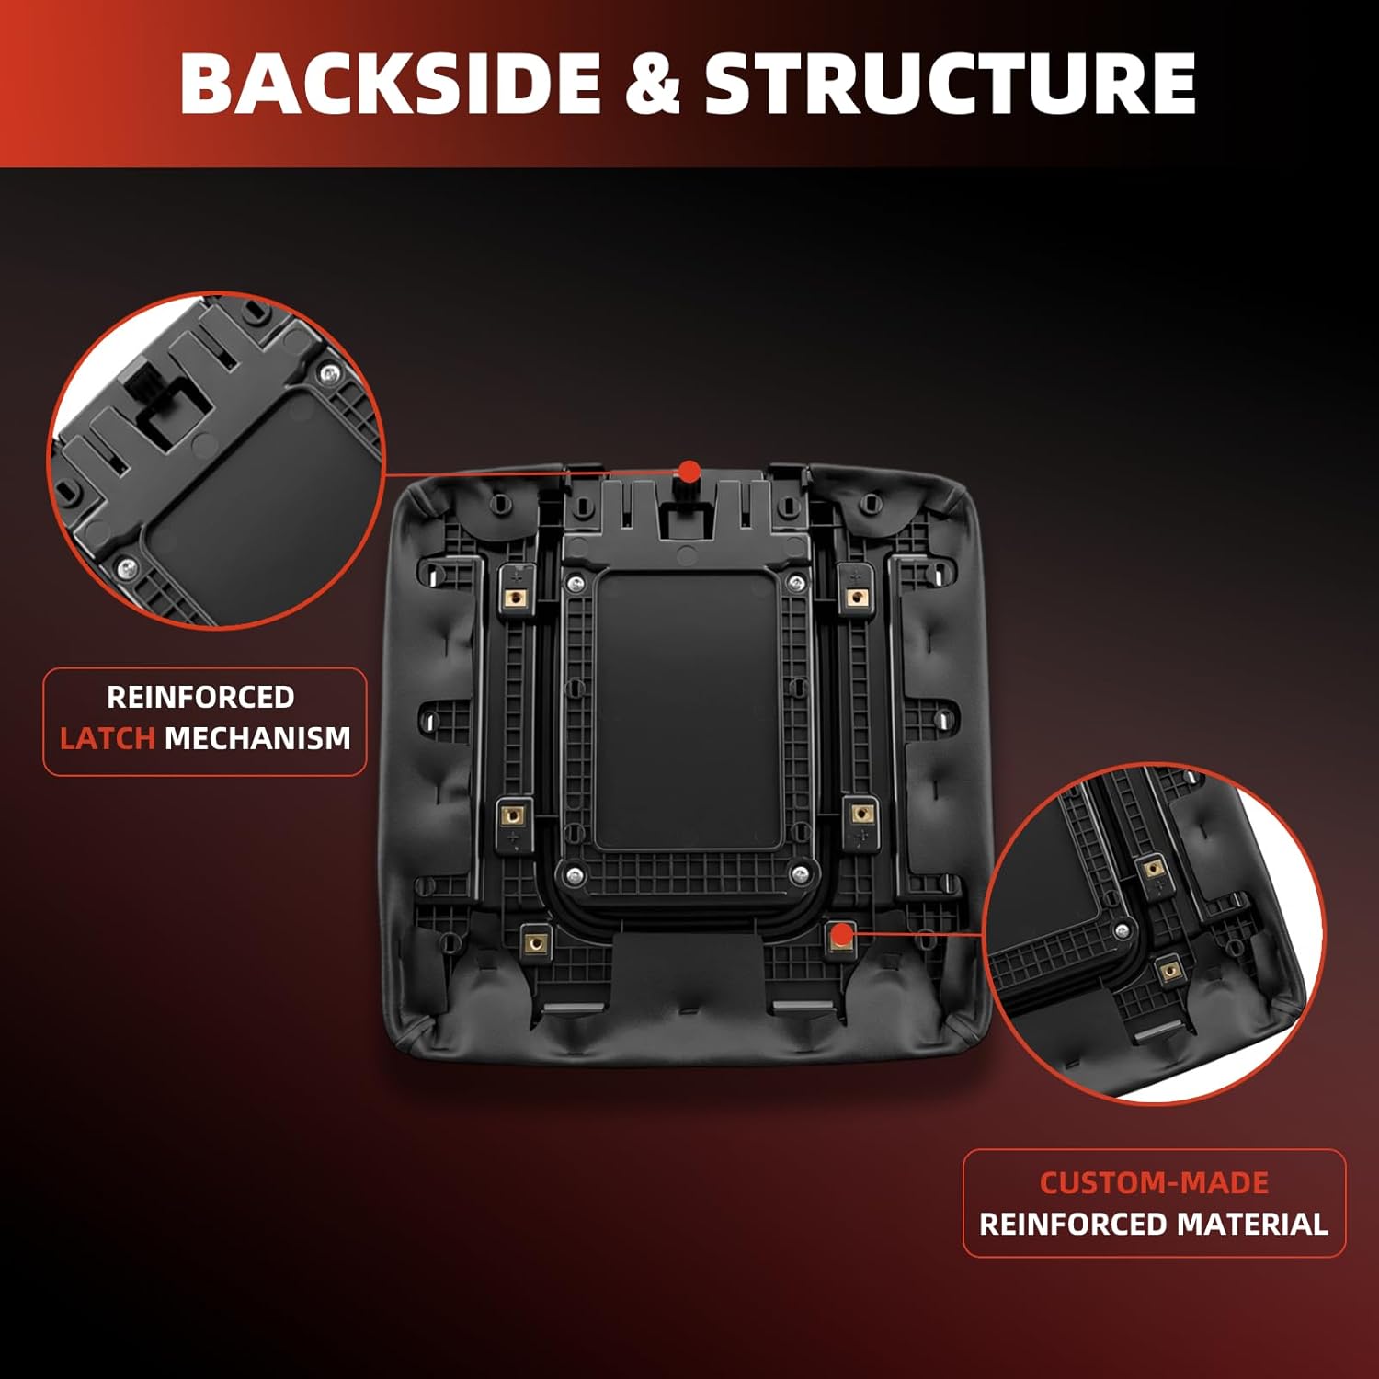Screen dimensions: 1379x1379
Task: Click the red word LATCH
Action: click(107, 738)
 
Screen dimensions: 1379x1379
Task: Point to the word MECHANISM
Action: click(257, 738)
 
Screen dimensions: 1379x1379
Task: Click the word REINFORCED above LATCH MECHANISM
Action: click(200, 697)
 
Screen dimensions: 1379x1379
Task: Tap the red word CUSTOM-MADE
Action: click(1154, 1182)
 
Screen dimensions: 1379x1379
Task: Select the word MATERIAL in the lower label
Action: click(1252, 1225)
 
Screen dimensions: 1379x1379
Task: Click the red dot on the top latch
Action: click(689, 472)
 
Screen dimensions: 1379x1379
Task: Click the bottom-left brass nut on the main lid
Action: click(535, 942)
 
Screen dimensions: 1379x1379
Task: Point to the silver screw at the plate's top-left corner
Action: click(576, 581)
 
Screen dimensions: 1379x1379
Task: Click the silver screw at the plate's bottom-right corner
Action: click(800, 872)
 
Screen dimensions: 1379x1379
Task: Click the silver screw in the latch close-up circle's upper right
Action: click(329, 373)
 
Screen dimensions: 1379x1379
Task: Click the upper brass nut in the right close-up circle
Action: click(1150, 867)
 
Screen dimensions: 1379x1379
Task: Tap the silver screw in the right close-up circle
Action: click(1122, 930)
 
